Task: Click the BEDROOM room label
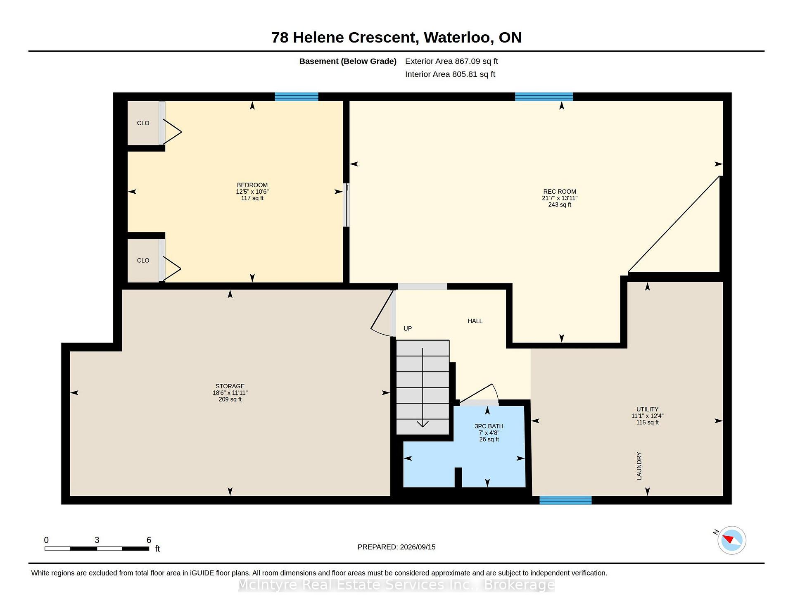tap(252, 185)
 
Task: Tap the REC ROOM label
tap(560, 192)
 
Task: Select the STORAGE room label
tap(230, 386)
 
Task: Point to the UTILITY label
tap(647, 409)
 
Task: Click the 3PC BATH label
tap(489, 426)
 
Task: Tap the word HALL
tap(475, 321)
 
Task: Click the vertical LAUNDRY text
tap(639, 466)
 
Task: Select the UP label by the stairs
tap(408, 328)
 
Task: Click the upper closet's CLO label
tap(143, 123)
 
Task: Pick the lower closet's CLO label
tap(143, 260)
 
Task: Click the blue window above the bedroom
tap(297, 97)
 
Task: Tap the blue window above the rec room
tap(544, 97)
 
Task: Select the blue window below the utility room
tap(565, 500)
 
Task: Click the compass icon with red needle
tap(731, 540)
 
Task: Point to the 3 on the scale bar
tap(97, 540)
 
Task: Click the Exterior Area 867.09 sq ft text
tap(451, 61)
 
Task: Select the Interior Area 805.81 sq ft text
tap(450, 74)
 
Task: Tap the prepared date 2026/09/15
tap(418, 547)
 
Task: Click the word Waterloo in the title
tap(457, 38)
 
